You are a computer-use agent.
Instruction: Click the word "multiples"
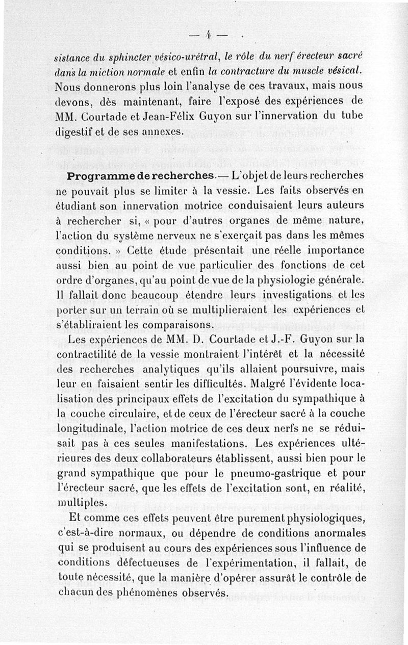[x=83, y=503]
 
